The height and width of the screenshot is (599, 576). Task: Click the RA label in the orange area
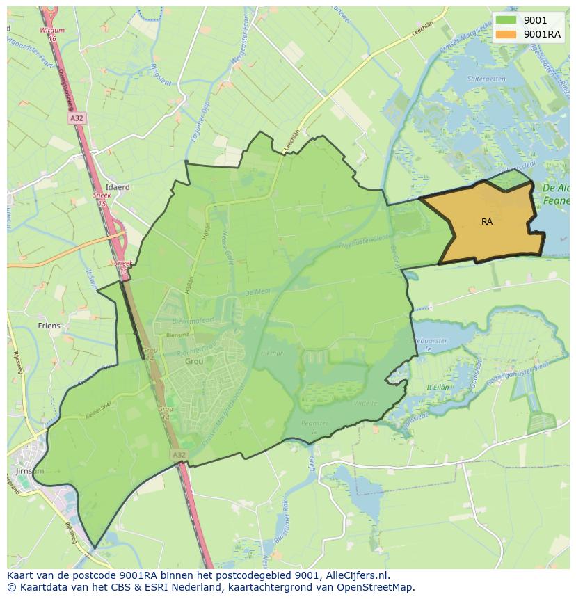(x=487, y=222)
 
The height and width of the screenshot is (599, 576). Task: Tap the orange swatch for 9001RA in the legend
(x=506, y=35)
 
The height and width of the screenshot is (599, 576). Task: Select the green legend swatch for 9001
(x=506, y=20)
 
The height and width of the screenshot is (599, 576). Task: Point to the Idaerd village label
(x=118, y=187)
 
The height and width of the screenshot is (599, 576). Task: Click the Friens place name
(x=49, y=326)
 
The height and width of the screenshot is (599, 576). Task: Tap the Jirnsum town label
(x=29, y=471)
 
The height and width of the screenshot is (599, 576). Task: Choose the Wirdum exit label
(x=52, y=31)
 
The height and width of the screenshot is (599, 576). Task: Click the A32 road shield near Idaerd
(x=76, y=119)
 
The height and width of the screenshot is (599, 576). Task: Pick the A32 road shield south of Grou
(x=179, y=454)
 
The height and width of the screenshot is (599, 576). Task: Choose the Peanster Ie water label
(x=314, y=426)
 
